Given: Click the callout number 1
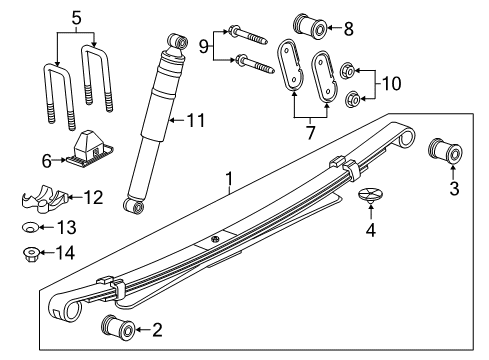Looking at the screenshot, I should [x=229, y=182].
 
